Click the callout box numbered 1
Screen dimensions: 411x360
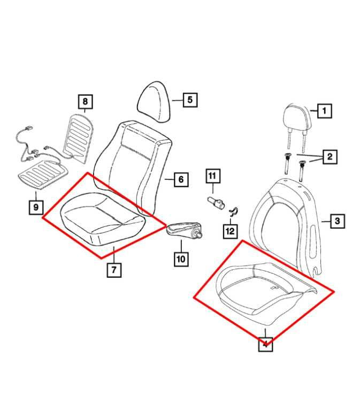point(324,111)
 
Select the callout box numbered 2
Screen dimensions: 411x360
point(330,156)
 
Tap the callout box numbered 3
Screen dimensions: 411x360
point(337,220)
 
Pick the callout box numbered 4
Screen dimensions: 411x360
point(265,344)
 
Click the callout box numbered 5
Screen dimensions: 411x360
point(190,99)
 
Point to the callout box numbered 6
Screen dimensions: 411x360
point(181,179)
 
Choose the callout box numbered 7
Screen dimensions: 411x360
point(113,270)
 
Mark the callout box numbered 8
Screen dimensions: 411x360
point(85,101)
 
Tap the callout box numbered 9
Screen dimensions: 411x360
point(35,207)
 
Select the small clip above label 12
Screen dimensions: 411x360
point(233,212)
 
